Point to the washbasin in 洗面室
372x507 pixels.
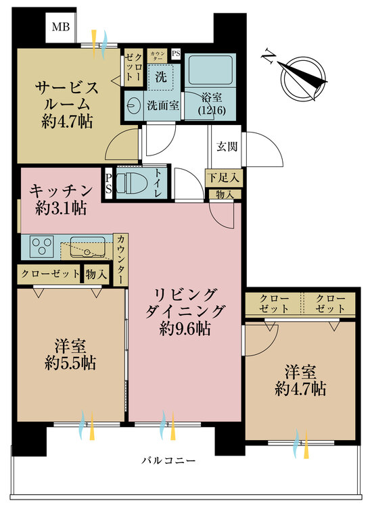[x=133, y=105]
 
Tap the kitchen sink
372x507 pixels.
[x=86, y=246]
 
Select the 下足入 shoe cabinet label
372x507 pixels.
[x=223, y=178]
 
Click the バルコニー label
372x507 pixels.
[x=168, y=461]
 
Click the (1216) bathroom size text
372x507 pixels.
[x=211, y=110]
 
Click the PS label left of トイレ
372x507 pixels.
[x=109, y=183]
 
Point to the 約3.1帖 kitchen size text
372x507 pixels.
[x=60, y=209]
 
